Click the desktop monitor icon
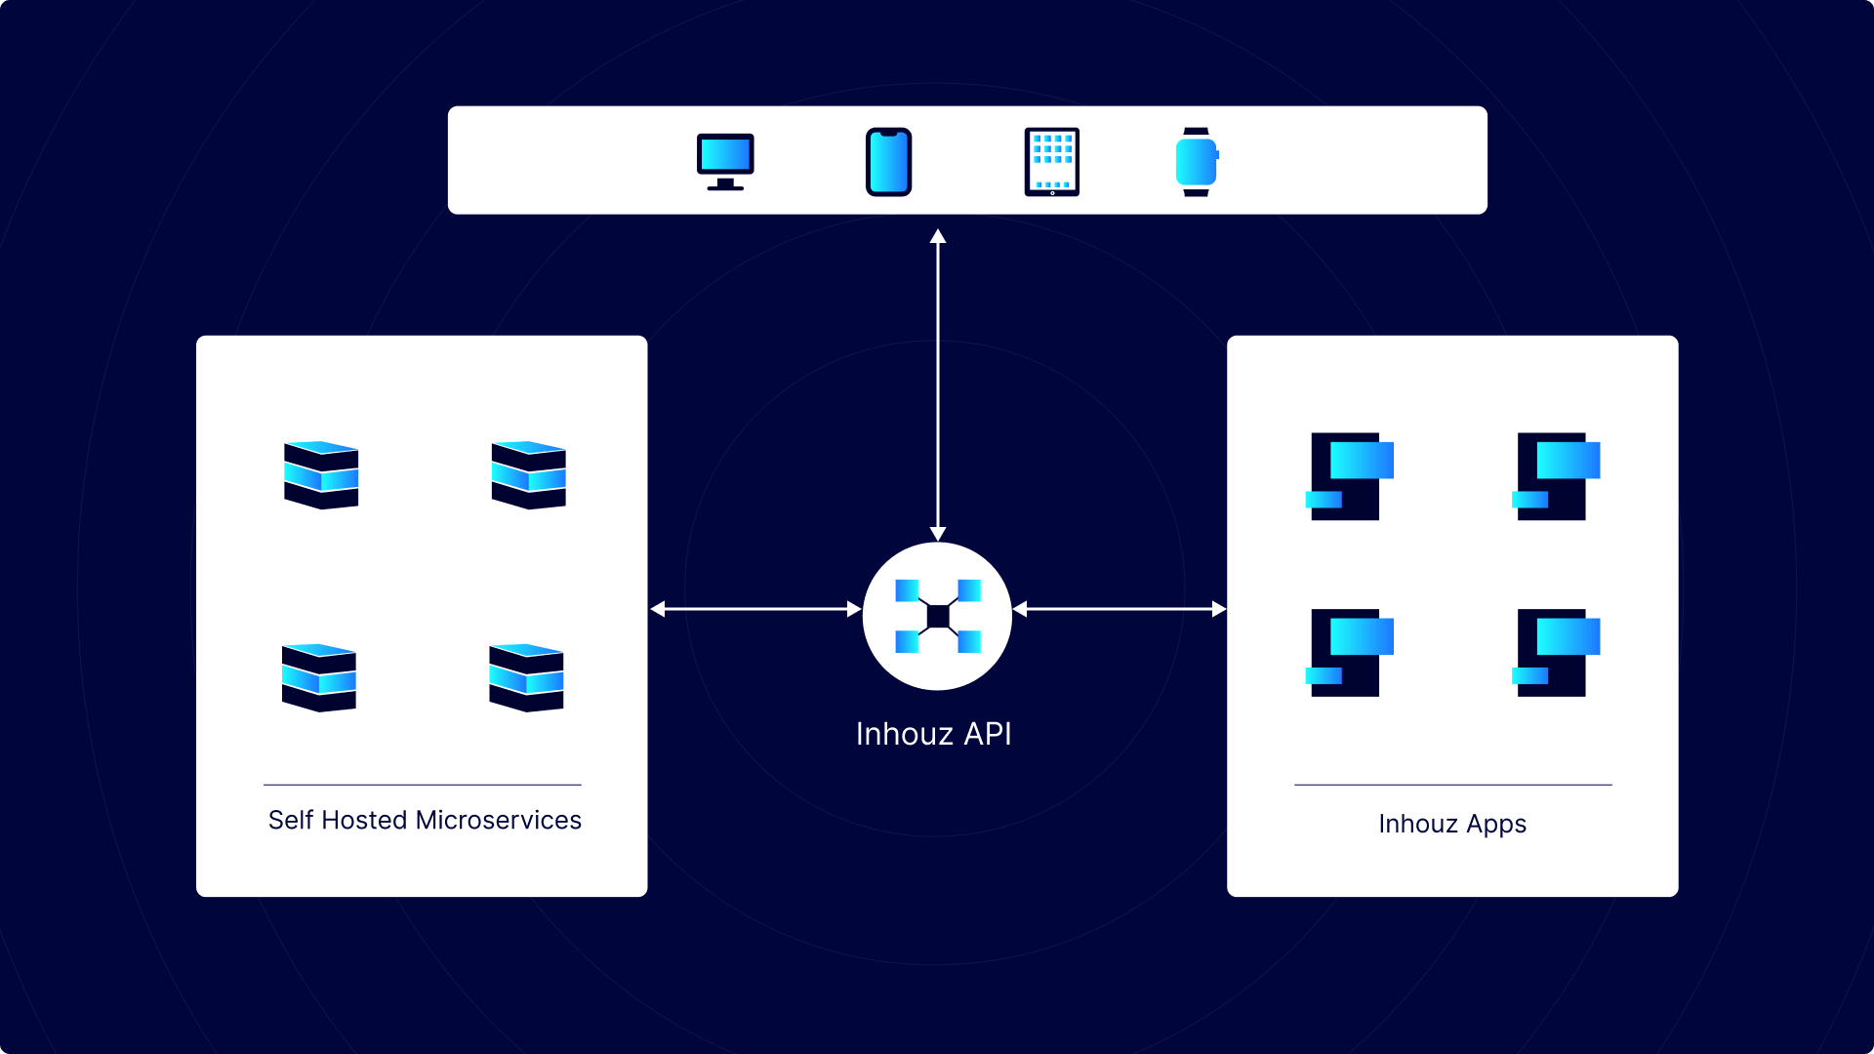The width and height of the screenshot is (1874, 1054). coord(725,161)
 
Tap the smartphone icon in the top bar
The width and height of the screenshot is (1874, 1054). coord(888,162)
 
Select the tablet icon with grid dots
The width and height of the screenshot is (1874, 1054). coord(1051,162)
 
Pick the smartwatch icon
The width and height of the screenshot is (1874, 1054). coord(1196,162)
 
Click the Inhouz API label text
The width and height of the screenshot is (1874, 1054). coord(933,734)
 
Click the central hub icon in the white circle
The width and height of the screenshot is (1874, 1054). coord(937,616)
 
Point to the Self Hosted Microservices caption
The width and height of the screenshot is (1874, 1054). coord(425,820)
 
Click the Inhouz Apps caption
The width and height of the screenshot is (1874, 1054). coord(1451,824)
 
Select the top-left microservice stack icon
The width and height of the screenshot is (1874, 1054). coord(321,475)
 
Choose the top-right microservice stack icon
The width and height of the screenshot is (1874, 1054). coord(528,475)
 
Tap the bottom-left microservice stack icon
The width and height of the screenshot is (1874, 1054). coord(319,677)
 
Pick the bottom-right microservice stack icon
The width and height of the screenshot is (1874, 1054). coord(526,677)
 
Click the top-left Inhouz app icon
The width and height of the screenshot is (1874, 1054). coord(1349,476)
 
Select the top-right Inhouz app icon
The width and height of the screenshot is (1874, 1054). coord(1556,476)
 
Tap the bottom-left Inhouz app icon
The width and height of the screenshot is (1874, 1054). coord(1349,652)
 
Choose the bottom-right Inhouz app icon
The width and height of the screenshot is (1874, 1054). coord(1556,652)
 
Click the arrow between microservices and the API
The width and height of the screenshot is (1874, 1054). coord(755,609)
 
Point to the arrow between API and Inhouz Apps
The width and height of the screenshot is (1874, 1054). coord(1120,609)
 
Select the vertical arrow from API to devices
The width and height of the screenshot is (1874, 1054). coord(938,385)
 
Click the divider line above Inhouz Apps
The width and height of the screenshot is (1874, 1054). coord(1452,785)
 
